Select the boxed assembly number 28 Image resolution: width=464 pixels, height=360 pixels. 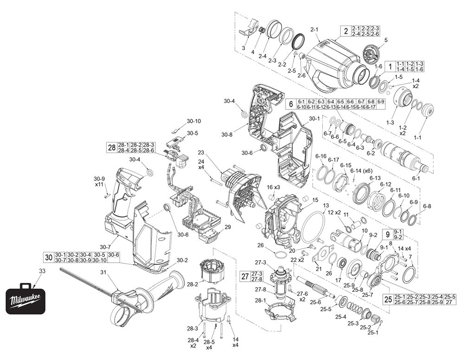click(111, 148)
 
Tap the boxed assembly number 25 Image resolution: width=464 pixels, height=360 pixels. click(388, 300)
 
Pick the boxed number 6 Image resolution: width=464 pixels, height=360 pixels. click(290, 104)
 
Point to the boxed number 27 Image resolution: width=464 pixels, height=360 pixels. click(245, 276)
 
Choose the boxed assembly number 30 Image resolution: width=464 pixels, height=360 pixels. click(49, 257)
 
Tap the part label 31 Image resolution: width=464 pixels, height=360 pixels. click(103, 272)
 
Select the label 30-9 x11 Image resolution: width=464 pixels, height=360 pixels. click(100, 182)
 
